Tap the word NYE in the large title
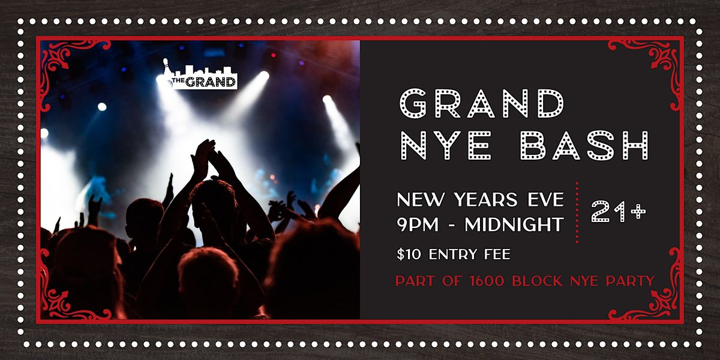pyautogui.click(x=446, y=145)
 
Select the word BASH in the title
pyautogui.click(x=584, y=145)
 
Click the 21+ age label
pyautogui.click(x=619, y=212)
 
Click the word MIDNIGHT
pyautogui.click(x=514, y=224)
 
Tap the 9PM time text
pyautogui.click(x=418, y=224)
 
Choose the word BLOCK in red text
pyautogui.click(x=537, y=281)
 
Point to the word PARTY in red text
pyautogui.click(x=630, y=281)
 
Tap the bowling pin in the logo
pyautogui.click(x=166, y=65)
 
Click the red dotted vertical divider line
pyautogui.click(x=577, y=212)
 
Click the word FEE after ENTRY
pyautogui.click(x=497, y=254)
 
